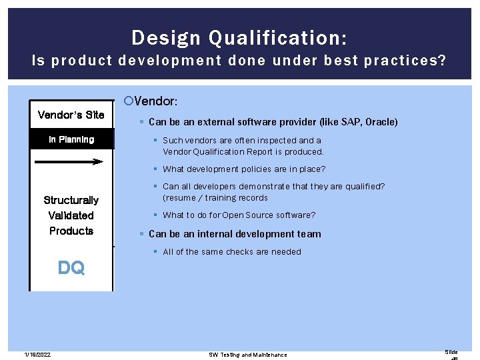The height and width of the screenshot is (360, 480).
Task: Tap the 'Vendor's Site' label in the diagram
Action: tap(71, 115)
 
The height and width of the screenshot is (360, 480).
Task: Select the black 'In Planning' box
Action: tap(71, 139)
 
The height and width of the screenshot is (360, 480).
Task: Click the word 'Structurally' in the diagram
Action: tap(71, 200)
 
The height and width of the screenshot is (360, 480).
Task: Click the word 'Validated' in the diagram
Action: tap(71, 215)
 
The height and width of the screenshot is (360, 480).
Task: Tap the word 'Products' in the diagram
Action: tap(71, 231)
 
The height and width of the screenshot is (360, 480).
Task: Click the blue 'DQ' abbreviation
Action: tap(71, 268)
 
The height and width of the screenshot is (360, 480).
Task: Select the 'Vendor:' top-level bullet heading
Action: tap(155, 101)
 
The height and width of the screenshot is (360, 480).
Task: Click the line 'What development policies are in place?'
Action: tap(244, 169)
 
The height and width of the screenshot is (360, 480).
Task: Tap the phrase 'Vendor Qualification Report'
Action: tap(220, 151)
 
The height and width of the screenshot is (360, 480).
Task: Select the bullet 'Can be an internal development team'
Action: tap(235, 234)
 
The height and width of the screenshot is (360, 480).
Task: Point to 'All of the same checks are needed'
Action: tap(232, 251)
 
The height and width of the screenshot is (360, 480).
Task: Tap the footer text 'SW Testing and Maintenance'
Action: tap(248, 355)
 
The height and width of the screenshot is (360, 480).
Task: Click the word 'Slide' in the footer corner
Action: tap(451, 351)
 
